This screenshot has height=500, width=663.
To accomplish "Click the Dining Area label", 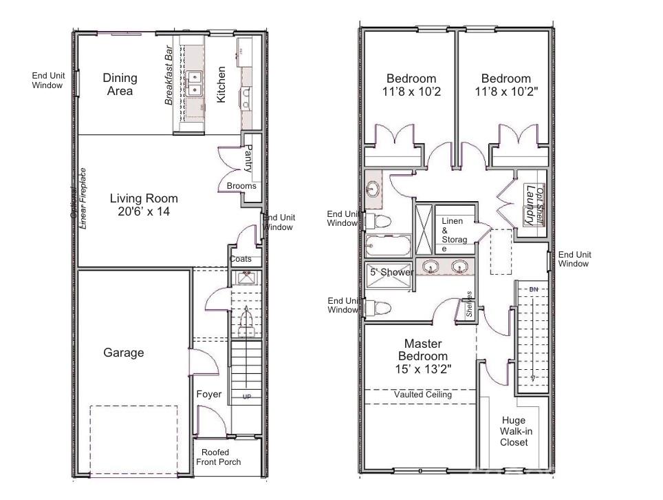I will [x=120, y=84].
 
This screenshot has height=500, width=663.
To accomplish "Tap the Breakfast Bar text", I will [x=168, y=76].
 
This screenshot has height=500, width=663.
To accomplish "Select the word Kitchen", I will [x=221, y=84].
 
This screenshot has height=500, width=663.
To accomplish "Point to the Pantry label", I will [x=249, y=158].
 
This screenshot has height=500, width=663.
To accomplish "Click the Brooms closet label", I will [x=241, y=186].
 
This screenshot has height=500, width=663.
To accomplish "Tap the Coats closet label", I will [x=240, y=260].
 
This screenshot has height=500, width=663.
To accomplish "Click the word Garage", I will [x=124, y=353].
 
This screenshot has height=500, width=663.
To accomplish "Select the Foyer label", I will [x=209, y=395].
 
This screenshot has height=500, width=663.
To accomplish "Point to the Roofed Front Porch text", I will [x=218, y=457].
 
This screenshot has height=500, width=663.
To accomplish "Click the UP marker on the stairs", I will [x=246, y=397].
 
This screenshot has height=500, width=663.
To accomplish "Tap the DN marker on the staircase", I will [x=533, y=289].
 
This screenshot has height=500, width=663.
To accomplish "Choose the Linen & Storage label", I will [x=454, y=234].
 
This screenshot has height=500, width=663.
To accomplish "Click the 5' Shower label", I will [x=392, y=272].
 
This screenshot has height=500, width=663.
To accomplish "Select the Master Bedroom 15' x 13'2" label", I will [x=423, y=356].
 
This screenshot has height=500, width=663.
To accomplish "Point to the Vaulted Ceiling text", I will [x=423, y=395].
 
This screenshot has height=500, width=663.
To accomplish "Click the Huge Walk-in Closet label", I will [x=514, y=431].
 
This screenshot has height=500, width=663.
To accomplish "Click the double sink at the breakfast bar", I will [x=195, y=83].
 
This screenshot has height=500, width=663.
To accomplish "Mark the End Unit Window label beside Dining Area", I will [x=47, y=81].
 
